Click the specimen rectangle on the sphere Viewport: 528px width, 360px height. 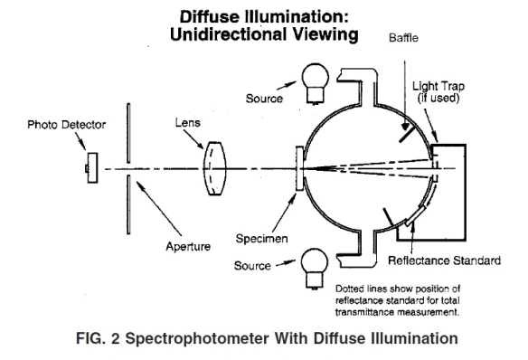(300, 169)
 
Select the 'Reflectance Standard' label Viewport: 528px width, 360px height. (443, 261)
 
